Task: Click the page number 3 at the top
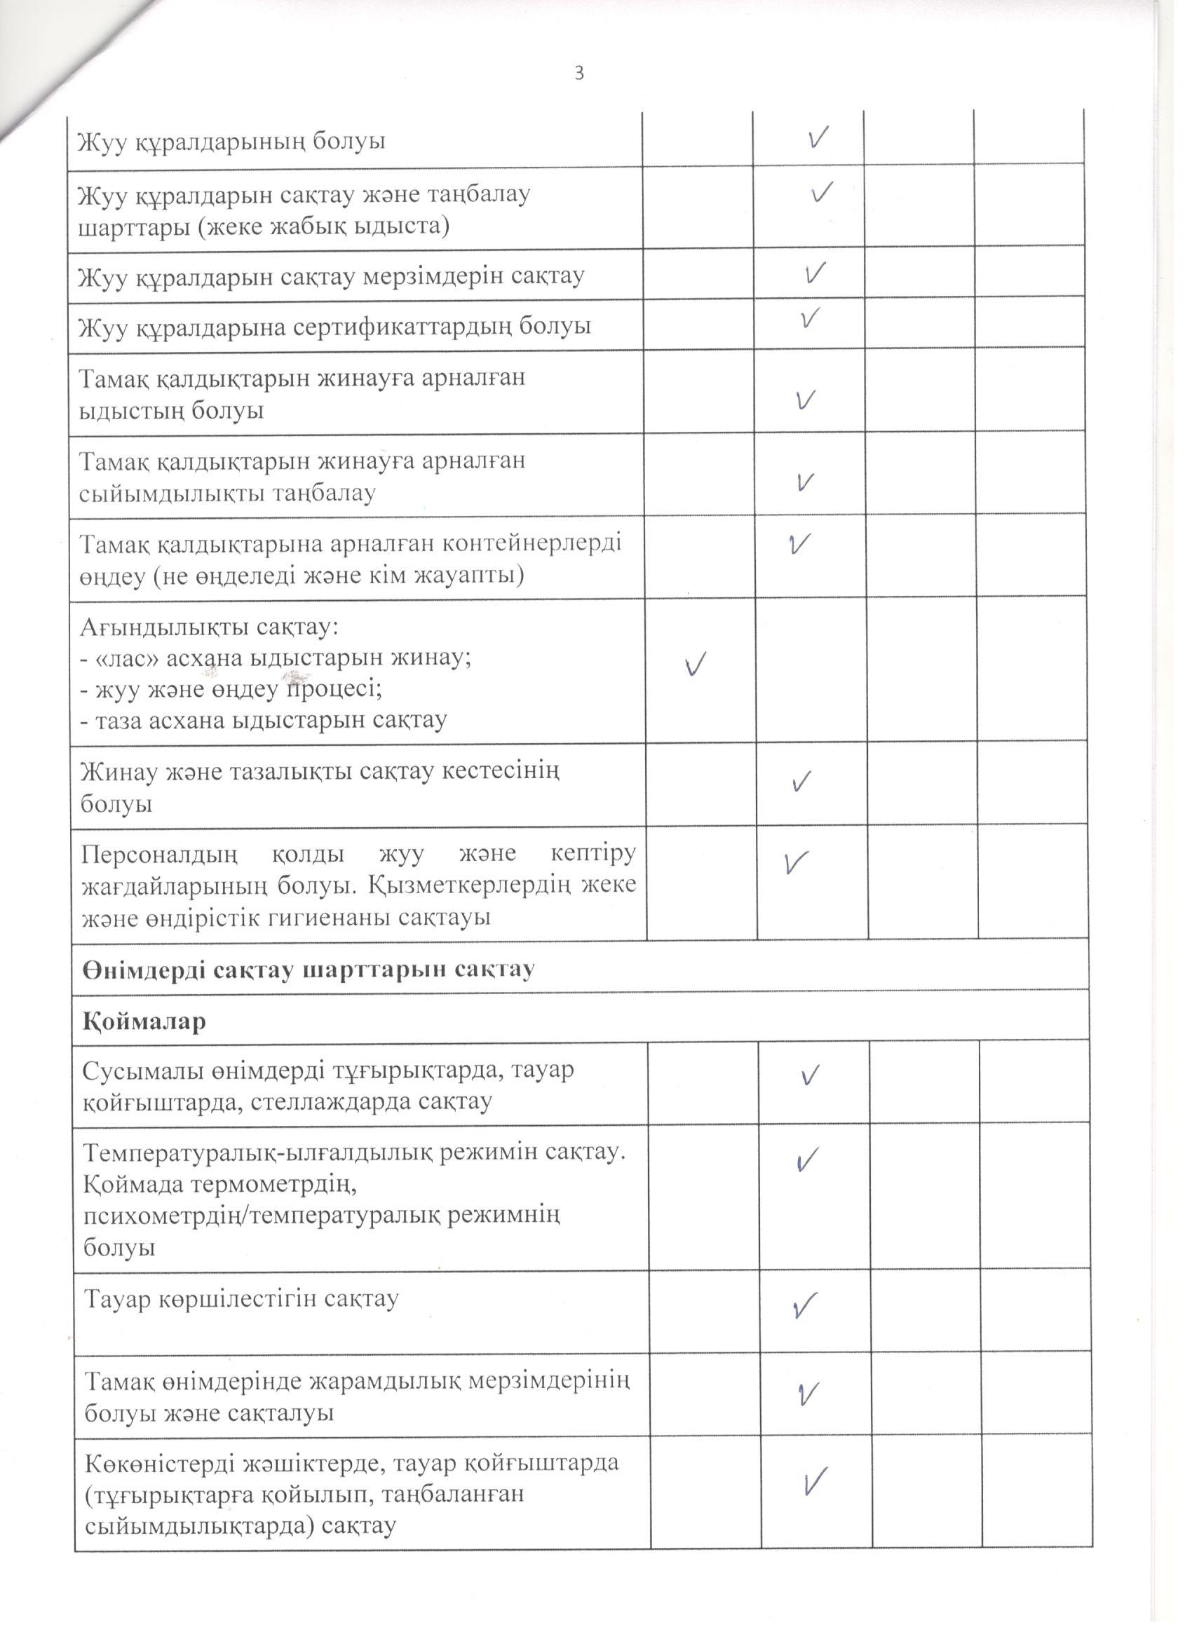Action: (579, 73)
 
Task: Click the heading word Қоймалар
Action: (144, 1021)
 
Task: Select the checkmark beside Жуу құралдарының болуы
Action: (818, 137)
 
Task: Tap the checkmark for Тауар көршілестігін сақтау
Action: (805, 1303)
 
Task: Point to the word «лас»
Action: (133, 658)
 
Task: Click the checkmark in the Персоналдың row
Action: (796, 862)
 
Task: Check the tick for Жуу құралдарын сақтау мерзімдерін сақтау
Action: (815, 273)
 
